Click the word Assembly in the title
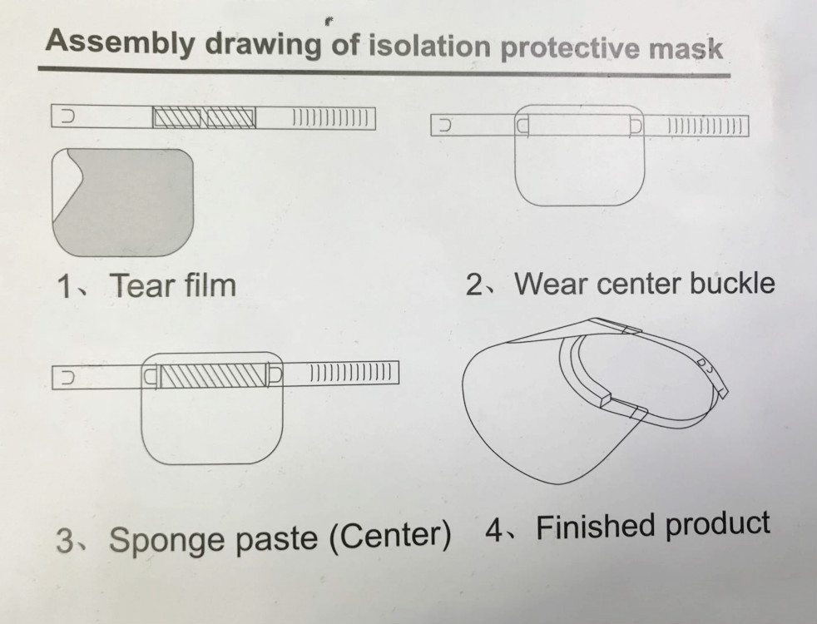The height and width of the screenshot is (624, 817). (119, 42)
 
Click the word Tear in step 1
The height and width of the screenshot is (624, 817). (139, 285)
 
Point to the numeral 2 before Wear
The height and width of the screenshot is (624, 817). (474, 285)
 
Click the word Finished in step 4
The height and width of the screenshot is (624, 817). (596, 527)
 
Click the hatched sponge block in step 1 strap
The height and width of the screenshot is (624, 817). (205, 117)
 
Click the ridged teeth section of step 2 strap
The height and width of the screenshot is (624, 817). (705, 126)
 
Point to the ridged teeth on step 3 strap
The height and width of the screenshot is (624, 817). (350, 373)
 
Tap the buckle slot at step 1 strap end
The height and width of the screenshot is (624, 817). (67, 116)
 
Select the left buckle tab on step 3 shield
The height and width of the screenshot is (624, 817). (151, 377)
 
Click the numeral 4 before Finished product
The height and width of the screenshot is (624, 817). (495, 529)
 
